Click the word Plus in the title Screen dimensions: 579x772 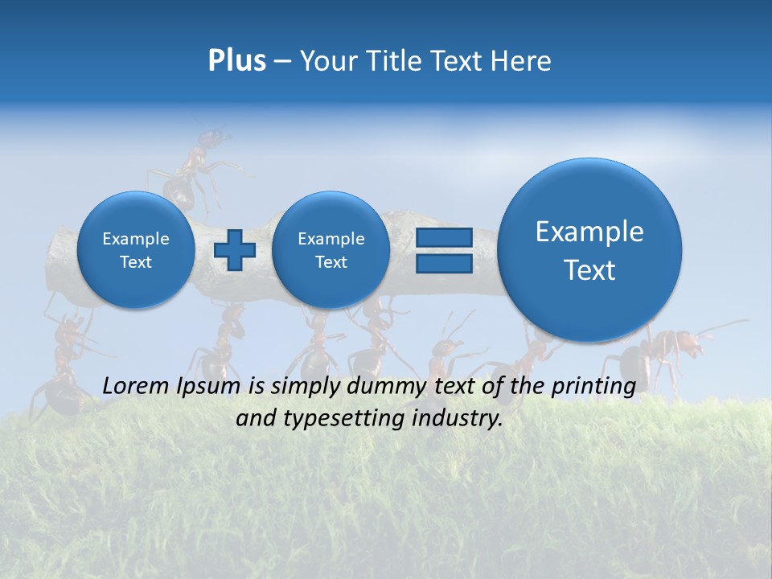236,61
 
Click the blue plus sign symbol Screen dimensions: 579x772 235,249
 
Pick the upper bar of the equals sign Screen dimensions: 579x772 444,237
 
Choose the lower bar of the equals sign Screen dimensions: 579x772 444,263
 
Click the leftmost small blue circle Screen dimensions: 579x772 136,250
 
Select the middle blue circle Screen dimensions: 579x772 331,250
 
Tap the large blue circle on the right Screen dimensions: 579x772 589,250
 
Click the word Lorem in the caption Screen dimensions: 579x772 137,387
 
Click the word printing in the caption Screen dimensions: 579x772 592,387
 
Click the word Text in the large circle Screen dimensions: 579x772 589,270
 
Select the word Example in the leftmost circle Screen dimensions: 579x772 136,239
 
